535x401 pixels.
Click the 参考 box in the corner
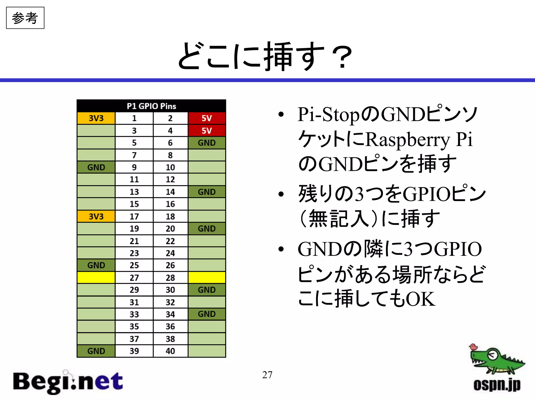click(x=25, y=18)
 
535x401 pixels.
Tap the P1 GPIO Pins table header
click(x=151, y=106)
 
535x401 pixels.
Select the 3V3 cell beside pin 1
click(x=96, y=118)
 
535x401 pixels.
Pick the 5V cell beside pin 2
click(x=207, y=118)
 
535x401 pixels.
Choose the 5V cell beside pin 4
click(x=207, y=131)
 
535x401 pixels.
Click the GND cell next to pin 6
click(x=207, y=143)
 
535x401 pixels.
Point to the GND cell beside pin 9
click(x=96, y=167)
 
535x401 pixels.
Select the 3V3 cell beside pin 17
click(x=96, y=216)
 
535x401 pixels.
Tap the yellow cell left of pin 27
click(x=96, y=278)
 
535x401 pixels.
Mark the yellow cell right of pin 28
click(x=207, y=278)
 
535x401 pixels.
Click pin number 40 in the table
click(x=170, y=351)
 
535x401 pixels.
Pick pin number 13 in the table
click(x=134, y=192)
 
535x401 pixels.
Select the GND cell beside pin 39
click(x=96, y=351)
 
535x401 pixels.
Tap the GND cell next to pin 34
click(x=207, y=314)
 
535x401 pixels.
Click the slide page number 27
click(x=267, y=375)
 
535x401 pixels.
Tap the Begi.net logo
click(x=68, y=382)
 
